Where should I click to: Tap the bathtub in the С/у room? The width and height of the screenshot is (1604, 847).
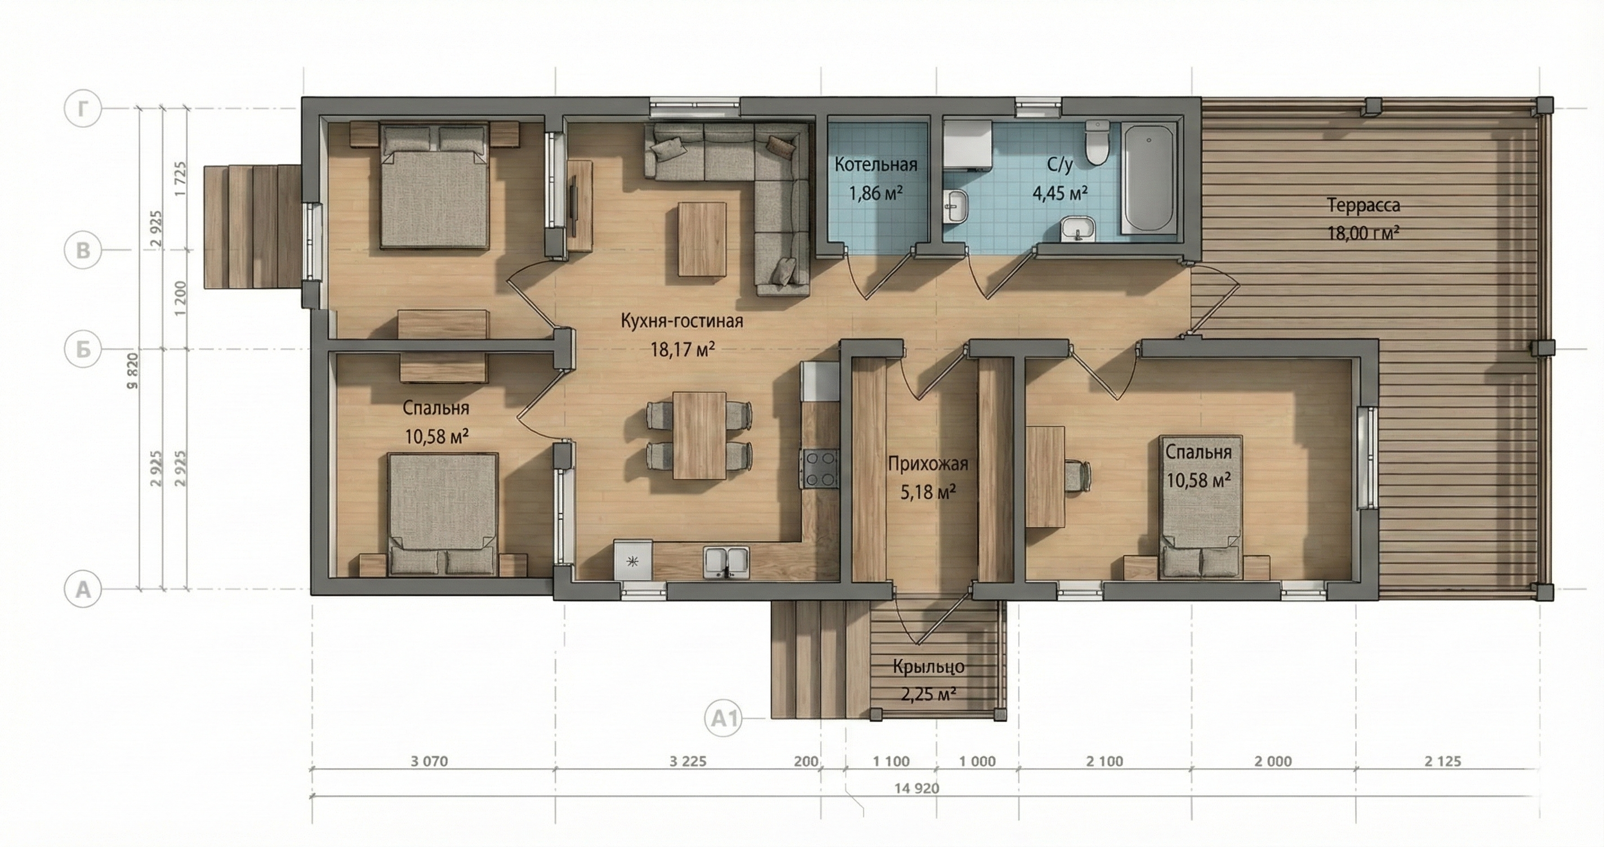[1149, 179]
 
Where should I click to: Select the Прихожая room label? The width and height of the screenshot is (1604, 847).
[928, 465]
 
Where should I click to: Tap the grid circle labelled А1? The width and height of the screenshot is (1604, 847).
[724, 719]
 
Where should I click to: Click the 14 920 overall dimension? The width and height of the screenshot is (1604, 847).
[916, 788]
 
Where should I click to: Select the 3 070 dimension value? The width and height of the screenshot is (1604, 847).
[430, 761]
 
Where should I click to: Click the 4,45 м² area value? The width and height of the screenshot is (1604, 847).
[1061, 193]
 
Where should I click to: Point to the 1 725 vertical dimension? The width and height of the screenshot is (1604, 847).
[181, 179]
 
